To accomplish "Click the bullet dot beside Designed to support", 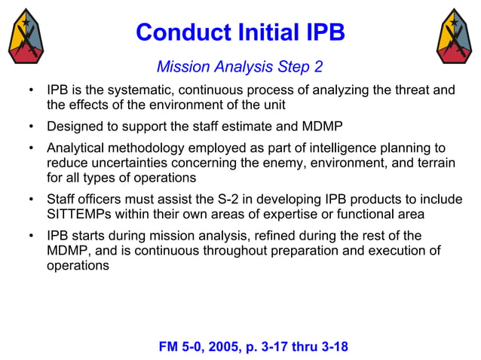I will tap(30, 126).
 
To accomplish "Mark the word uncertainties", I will tap(122, 163).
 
